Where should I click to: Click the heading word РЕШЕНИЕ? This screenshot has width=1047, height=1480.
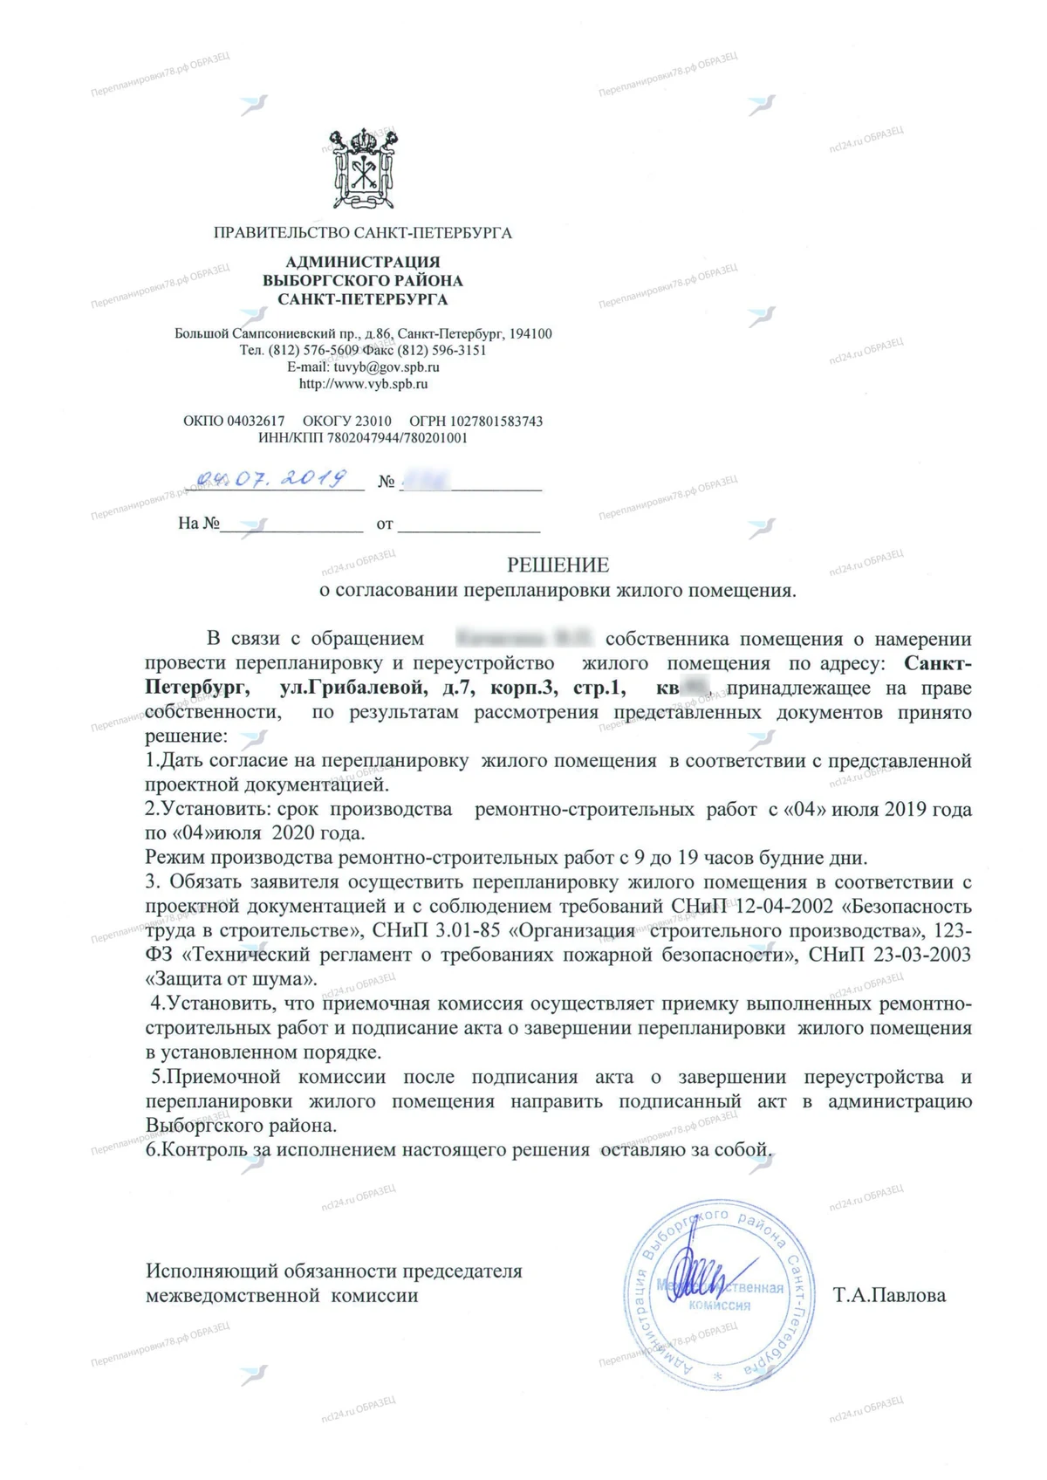click(558, 565)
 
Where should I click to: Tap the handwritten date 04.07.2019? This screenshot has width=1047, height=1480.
click(272, 479)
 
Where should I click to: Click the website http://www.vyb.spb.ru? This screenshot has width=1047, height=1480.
click(363, 384)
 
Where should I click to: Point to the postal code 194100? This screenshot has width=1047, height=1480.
click(530, 334)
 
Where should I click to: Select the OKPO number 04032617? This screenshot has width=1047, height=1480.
click(256, 421)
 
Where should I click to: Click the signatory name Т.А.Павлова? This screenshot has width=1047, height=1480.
click(889, 1295)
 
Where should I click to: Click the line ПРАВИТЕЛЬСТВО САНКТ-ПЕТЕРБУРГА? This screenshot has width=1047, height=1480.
click(363, 233)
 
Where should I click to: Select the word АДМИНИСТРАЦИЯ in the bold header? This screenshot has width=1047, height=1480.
click(363, 262)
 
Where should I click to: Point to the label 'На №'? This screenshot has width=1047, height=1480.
click(198, 524)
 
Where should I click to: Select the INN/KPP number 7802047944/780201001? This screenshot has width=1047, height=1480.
click(397, 438)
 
